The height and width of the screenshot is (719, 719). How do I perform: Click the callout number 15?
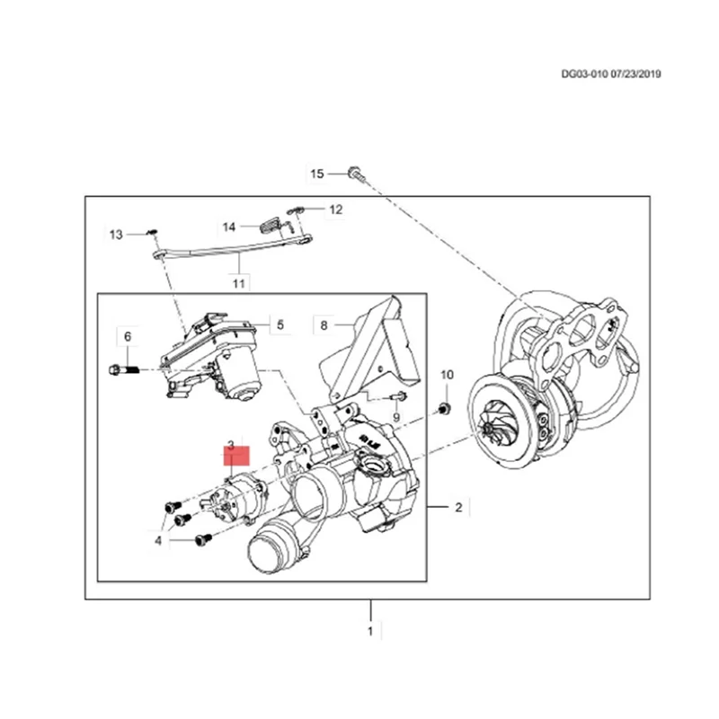point(315,173)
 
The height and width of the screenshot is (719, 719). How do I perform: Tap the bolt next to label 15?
point(354,173)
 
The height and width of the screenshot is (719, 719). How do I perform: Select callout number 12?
point(335,209)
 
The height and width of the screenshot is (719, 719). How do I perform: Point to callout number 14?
point(229,226)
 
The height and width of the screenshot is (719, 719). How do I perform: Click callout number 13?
point(116,235)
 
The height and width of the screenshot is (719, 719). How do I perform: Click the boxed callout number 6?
point(127,336)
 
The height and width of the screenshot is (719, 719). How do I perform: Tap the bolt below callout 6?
point(123,368)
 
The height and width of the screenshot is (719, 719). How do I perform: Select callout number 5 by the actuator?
point(280,325)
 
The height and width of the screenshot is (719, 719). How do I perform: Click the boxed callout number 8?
point(324,324)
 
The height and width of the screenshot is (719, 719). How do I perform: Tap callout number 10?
point(447,374)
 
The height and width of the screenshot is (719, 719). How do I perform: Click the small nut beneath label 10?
point(444,410)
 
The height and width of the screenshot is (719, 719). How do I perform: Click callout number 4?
point(158,540)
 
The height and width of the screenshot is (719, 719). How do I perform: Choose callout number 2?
point(457,509)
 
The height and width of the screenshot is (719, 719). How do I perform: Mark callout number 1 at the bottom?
point(369,632)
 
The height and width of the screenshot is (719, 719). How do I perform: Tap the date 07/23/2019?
point(635,75)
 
